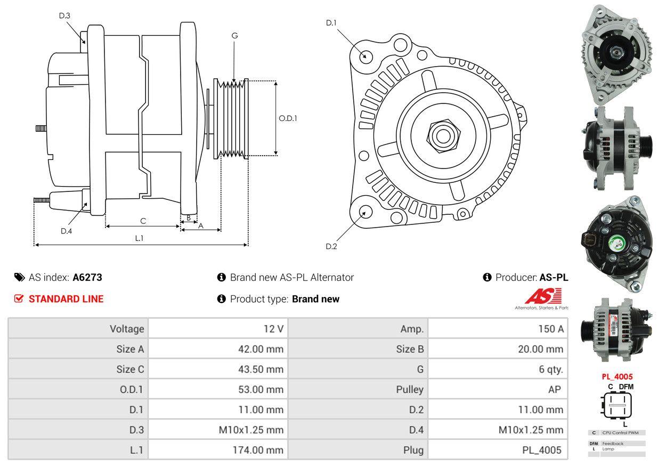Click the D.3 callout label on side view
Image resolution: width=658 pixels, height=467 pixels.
(64, 15)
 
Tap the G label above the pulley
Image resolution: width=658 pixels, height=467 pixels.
(234, 36)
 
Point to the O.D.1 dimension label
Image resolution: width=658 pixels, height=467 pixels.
(288, 118)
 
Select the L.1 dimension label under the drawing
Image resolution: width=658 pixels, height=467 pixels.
(139, 238)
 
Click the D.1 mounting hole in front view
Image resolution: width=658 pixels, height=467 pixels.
(365, 56)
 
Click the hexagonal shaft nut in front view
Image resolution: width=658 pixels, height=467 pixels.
(441, 135)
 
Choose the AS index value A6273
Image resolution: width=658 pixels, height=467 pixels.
(87, 277)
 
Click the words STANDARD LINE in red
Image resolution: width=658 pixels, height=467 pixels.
(66, 299)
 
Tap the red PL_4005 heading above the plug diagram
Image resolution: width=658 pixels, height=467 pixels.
(618, 376)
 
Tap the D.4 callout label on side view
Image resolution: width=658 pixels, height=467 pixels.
(66, 231)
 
